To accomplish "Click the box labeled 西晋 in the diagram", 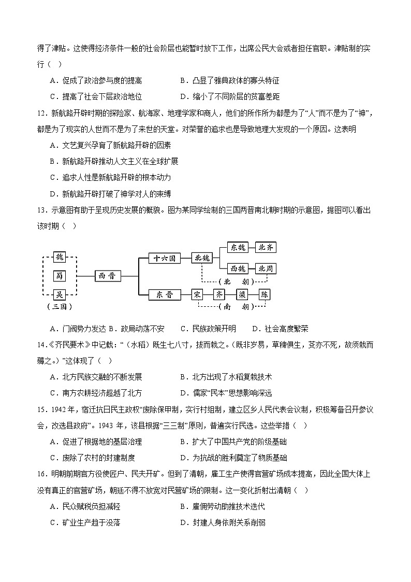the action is [x=108, y=276].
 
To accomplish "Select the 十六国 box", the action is [x=164, y=258].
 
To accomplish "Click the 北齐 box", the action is [x=266, y=247].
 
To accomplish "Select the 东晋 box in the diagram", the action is [x=164, y=294].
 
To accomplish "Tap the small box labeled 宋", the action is [x=197, y=294].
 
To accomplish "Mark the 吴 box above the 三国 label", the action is [x=60, y=294].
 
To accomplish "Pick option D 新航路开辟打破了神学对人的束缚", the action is [x=110, y=194].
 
